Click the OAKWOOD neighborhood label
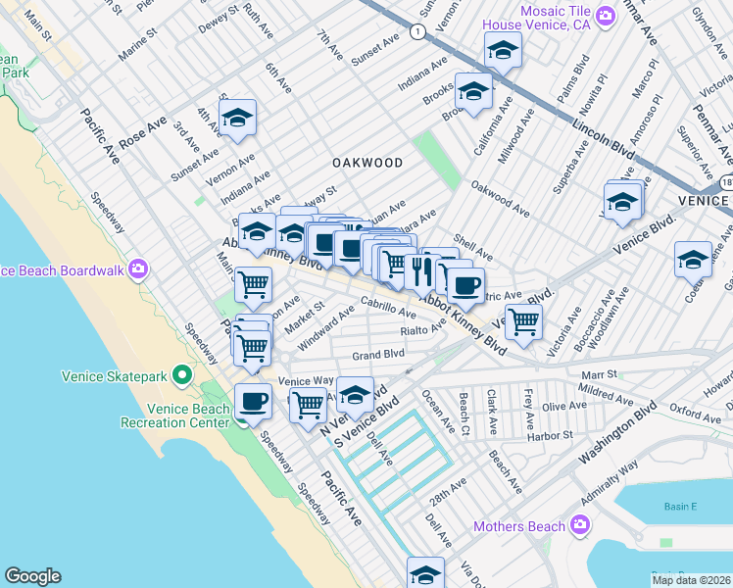(366, 162)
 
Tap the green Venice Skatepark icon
(181, 375)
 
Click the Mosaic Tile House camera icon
(606, 15)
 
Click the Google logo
(32, 576)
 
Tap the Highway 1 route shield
(418, 32)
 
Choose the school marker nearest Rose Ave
(237, 119)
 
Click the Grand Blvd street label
(378, 354)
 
